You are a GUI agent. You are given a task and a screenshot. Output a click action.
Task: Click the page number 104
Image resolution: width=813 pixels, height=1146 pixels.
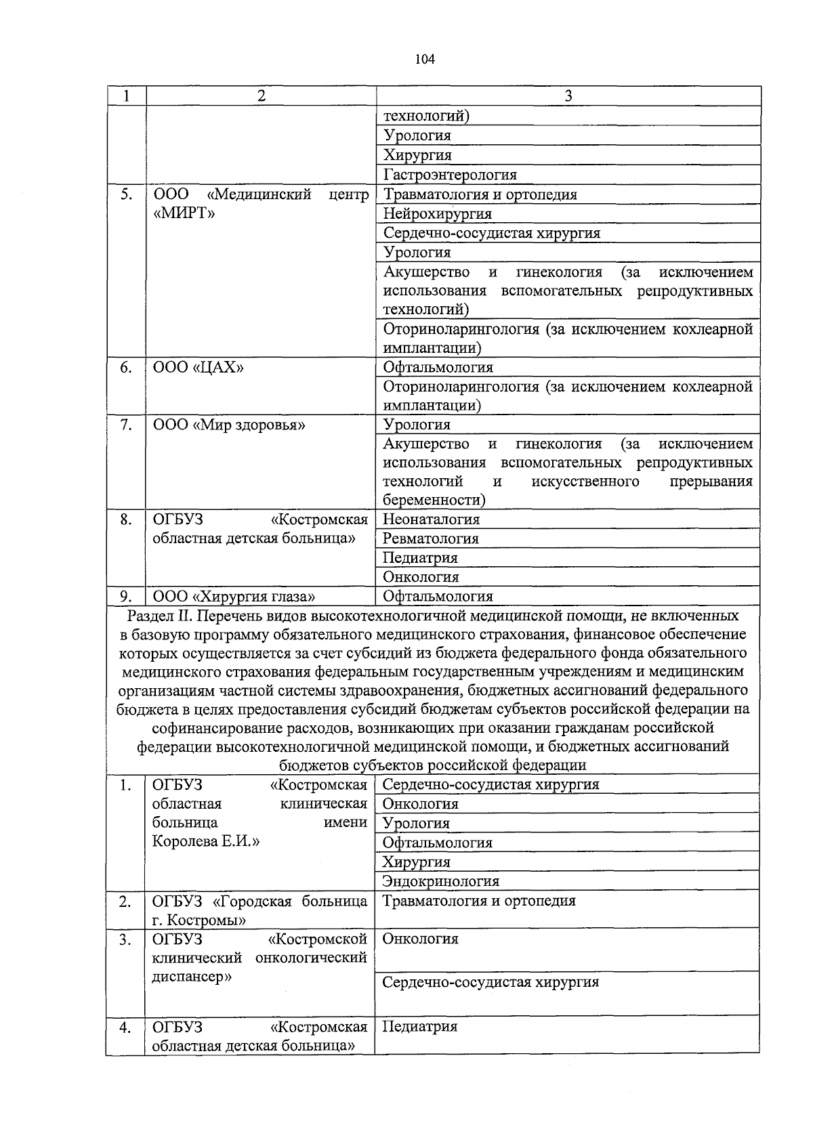[425, 59]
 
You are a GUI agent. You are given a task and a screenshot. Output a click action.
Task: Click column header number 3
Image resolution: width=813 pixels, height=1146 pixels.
[568, 96]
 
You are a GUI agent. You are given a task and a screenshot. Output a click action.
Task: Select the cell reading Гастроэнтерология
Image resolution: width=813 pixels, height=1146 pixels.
[450, 175]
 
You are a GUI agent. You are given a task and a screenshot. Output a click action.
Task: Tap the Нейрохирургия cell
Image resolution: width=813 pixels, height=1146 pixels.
[438, 214]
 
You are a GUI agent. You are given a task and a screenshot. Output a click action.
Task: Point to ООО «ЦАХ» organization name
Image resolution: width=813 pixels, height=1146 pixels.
[198, 368]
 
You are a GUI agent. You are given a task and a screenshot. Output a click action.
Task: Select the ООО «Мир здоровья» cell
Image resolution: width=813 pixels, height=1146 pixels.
[229, 425]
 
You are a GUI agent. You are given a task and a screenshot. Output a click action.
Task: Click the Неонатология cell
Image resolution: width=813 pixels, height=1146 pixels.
[432, 519]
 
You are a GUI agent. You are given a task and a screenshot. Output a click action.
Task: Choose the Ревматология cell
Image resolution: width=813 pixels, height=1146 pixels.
[431, 539]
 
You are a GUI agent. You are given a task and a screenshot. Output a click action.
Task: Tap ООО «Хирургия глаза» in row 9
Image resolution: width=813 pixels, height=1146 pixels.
[234, 597]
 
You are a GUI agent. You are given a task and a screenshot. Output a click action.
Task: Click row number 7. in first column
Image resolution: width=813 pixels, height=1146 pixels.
[125, 425]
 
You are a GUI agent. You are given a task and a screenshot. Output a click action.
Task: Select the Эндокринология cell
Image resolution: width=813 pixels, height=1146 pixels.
[440, 881]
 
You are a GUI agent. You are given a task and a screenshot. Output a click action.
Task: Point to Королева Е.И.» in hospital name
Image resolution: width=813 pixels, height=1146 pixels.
[206, 842]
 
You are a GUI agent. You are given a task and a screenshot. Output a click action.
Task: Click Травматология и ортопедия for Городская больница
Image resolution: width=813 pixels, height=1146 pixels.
[479, 901]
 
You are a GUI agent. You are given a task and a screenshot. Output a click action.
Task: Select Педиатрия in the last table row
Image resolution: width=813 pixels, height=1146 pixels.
[419, 1026]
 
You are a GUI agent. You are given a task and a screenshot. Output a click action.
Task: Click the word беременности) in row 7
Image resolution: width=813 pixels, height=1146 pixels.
[434, 501]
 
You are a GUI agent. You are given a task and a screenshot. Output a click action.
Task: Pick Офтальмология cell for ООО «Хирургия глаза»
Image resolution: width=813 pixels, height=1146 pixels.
[438, 597]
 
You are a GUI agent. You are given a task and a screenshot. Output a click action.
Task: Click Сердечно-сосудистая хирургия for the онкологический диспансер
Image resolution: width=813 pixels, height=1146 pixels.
[491, 982]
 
